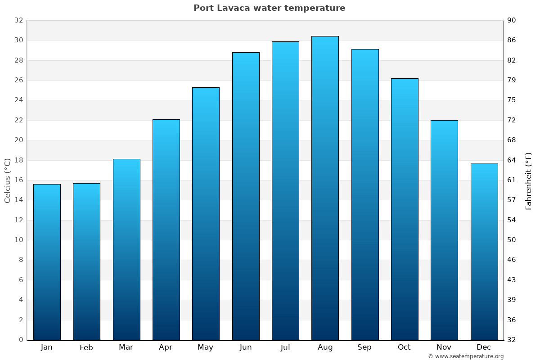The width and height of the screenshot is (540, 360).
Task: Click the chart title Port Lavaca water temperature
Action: [x=269, y=8]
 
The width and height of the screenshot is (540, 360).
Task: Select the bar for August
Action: [x=325, y=188]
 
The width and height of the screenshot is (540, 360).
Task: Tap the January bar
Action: [x=47, y=262]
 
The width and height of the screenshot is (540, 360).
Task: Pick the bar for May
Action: [x=206, y=214]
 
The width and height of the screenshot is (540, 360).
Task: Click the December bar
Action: [x=484, y=251]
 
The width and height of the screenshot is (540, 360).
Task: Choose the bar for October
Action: [x=405, y=209]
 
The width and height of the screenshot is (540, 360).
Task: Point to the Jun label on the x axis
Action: [x=246, y=347]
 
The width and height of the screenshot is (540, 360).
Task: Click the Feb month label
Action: [x=86, y=347]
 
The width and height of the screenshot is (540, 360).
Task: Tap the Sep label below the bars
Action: [x=364, y=347]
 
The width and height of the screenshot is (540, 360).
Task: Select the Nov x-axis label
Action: [x=444, y=347]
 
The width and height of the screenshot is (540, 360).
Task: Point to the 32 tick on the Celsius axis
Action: [x=18, y=20]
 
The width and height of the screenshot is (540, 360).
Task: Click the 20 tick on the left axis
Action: [x=18, y=140]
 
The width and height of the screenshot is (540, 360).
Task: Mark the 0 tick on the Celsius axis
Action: [x=21, y=340]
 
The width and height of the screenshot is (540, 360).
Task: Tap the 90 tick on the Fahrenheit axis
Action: [x=512, y=20]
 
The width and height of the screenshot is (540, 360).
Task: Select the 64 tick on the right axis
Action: [x=512, y=160]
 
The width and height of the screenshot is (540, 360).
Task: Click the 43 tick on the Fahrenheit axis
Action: [x=512, y=280]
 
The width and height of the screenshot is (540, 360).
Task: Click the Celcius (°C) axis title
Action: [x=7, y=180]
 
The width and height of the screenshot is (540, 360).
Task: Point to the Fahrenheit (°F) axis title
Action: [x=529, y=181]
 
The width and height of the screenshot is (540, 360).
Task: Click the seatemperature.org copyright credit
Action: [x=466, y=356]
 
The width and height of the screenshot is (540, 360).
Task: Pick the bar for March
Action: [x=126, y=249]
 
